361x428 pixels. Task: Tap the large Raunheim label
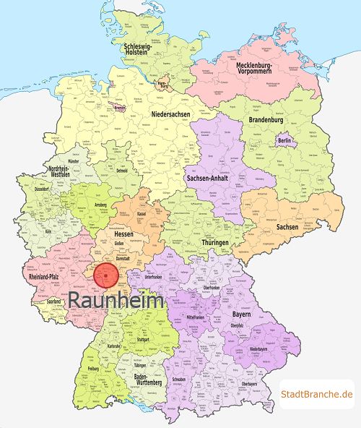(116, 299)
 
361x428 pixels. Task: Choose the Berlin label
(284, 140)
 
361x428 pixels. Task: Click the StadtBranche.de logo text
(317, 394)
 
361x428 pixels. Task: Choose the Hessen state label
(125, 234)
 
